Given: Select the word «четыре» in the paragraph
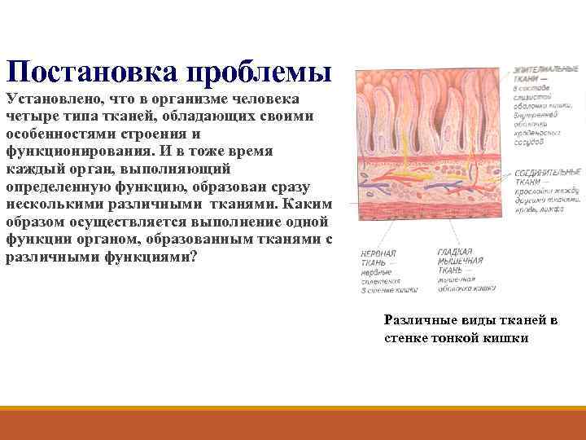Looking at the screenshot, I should [x=30, y=117].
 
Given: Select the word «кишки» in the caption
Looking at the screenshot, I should [x=508, y=337].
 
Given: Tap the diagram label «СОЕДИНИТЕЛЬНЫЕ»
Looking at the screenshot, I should [x=547, y=172].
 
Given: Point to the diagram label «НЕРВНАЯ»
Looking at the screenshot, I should [x=378, y=253].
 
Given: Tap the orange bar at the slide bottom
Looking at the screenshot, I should [x=293, y=424].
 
